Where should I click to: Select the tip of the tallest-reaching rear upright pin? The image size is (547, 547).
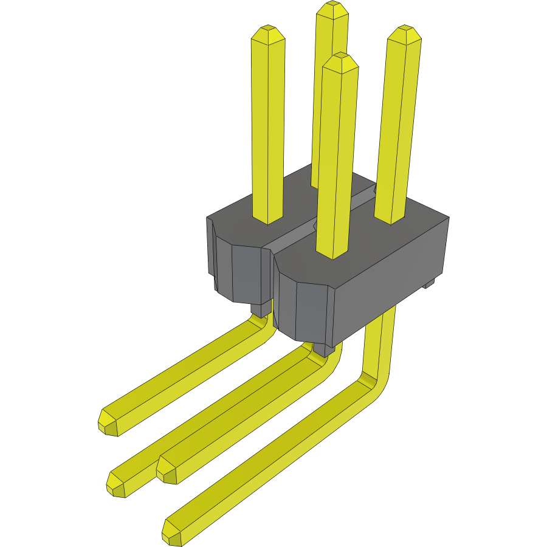click(332, 6)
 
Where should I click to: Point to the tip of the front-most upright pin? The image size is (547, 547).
click(341, 58)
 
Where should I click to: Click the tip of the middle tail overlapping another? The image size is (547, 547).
click(166, 470)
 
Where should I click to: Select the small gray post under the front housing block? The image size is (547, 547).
click(323, 349)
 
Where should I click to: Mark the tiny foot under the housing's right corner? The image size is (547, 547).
click(429, 283)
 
